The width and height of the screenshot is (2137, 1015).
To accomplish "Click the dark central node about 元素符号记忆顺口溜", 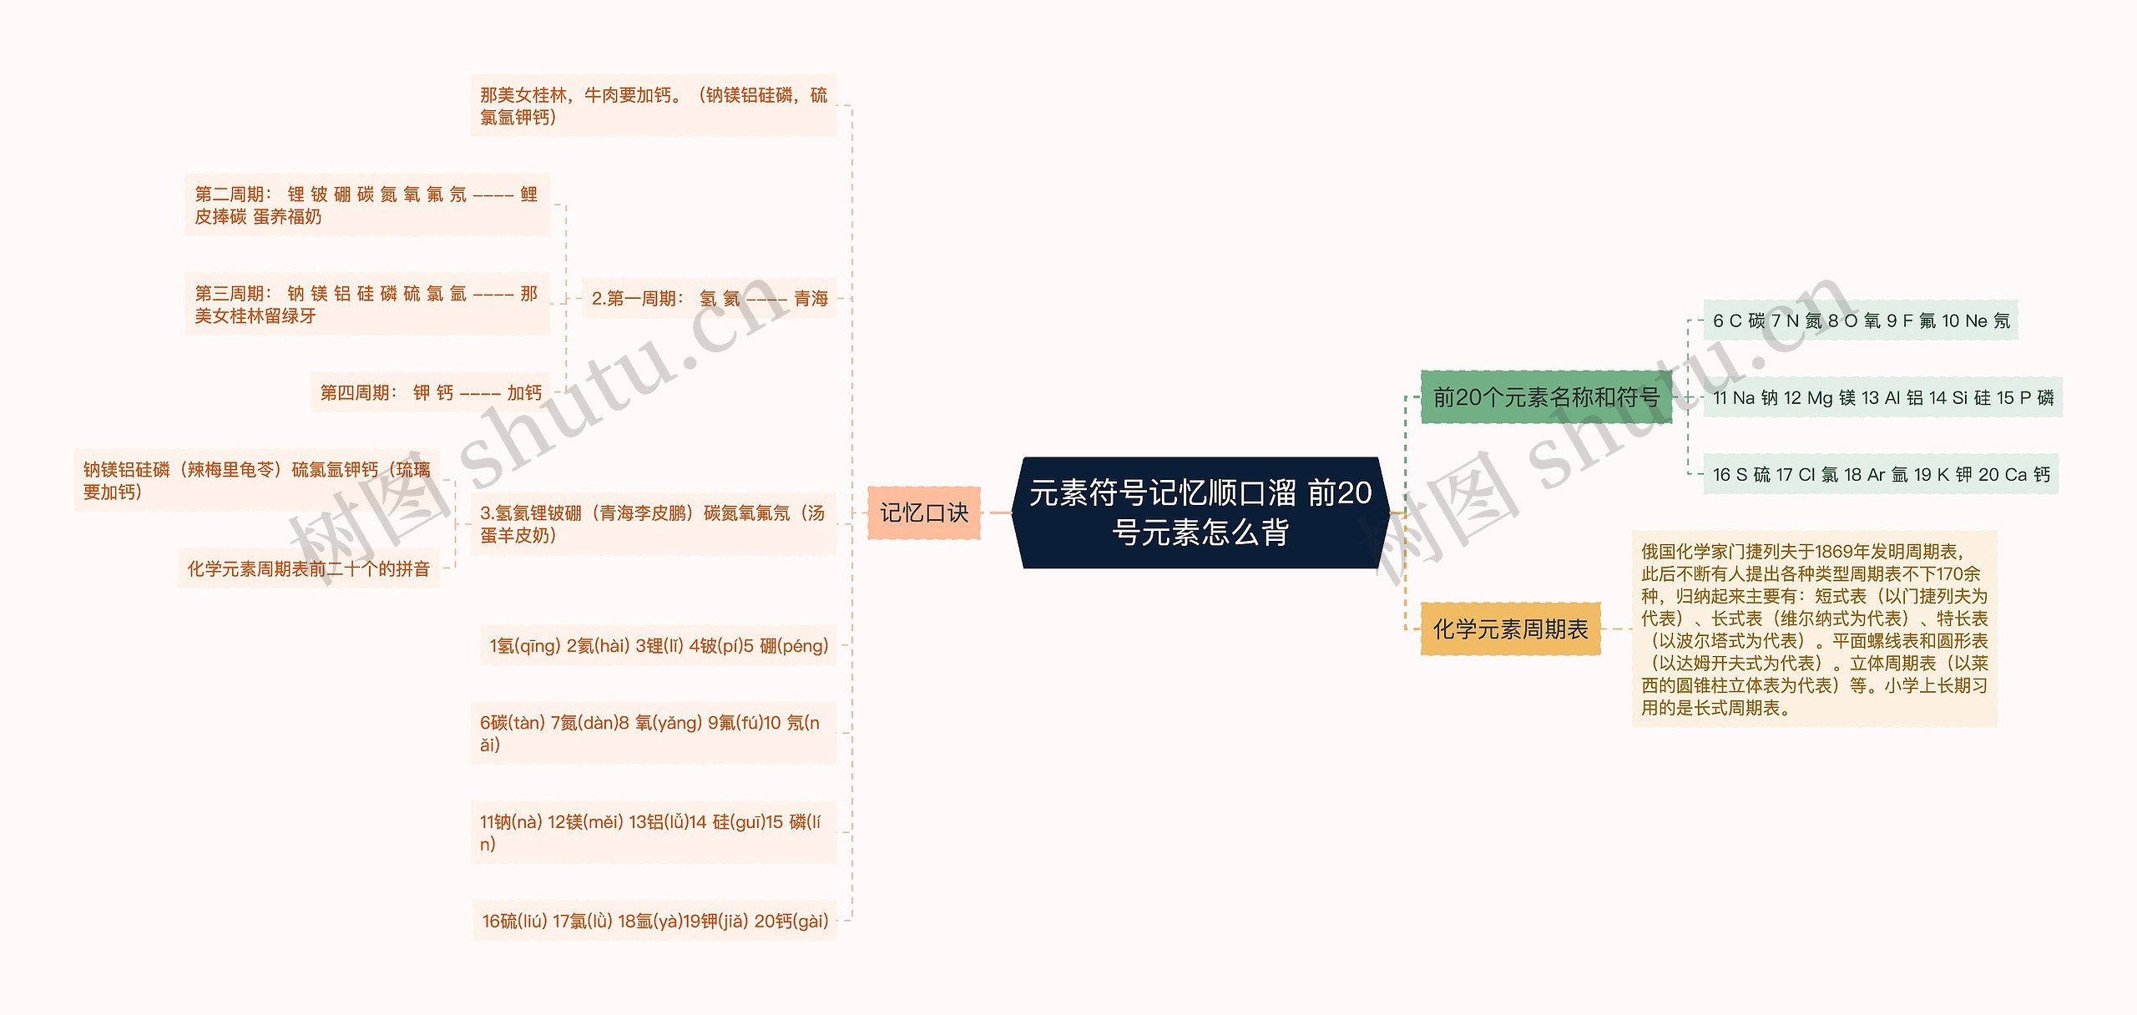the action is click(x=1200, y=513).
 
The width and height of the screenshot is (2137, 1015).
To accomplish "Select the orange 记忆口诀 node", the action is click(x=923, y=513).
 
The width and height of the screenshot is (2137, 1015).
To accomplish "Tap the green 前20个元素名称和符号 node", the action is click(x=1546, y=397).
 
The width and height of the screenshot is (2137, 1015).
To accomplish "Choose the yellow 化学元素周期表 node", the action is click(x=1510, y=629).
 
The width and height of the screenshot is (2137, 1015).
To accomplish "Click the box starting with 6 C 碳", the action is click(x=1861, y=321).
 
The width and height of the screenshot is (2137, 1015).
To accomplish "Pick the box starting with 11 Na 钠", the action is click(x=1882, y=397).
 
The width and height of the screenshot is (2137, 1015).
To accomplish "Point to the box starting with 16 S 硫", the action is click(x=1881, y=474).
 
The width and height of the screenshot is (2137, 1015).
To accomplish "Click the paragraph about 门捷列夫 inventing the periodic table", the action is click(x=1814, y=629).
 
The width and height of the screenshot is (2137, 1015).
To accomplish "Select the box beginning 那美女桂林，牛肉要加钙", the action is click(x=654, y=106).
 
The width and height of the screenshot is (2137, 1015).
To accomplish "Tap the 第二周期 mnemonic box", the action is click(x=367, y=205).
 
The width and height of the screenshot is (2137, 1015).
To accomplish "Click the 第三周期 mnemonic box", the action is click(x=367, y=305).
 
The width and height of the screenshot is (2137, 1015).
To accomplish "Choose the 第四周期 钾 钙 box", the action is click(x=431, y=392).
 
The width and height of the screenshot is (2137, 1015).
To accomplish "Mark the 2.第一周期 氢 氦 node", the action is click(x=709, y=298).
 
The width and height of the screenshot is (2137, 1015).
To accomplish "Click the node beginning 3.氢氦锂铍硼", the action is click(x=654, y=524).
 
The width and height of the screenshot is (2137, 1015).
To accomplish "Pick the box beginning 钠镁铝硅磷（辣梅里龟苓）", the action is click(x=257, y=481).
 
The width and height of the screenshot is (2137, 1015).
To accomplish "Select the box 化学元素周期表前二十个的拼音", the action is click(x=309, y=568).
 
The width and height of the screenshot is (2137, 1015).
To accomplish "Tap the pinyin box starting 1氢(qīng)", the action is click(x=659, y=645).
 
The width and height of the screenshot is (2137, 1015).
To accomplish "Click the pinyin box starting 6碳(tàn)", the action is click(x=654, y=734).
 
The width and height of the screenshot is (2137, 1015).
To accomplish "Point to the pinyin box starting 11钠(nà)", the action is click(x=654, y=833).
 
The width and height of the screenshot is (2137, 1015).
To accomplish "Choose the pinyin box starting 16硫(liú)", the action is click(x=655, y=921).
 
